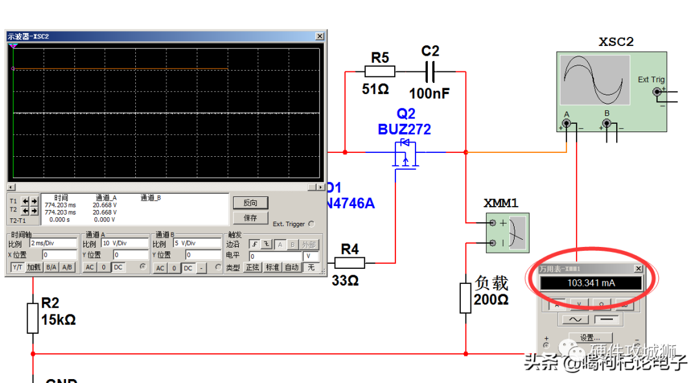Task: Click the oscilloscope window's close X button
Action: (320, 36)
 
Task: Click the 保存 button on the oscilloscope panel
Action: (250, 218)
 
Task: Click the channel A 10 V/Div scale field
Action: (124, 244)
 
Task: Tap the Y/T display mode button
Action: (17, 267)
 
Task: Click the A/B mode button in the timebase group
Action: (67, 267)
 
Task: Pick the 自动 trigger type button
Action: (292, 267)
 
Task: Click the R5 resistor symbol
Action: (380, 71)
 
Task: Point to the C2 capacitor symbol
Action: (430, 71)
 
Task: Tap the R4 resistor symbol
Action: (349, 262)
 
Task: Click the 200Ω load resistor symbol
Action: (465, 297)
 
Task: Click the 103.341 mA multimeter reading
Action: (591, 283)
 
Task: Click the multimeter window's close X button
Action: (638, 268)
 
